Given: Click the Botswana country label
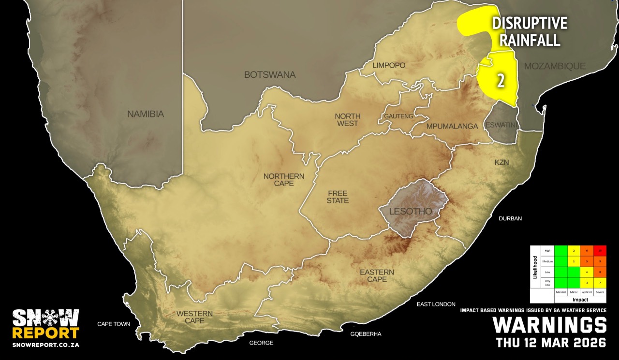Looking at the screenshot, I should tap(269, 75).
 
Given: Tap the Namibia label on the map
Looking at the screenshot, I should tap(146, 115).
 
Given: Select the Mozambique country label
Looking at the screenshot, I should tap(555, 66).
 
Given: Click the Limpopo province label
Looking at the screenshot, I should tap(389, 65).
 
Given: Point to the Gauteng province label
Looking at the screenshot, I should tap(398, 116).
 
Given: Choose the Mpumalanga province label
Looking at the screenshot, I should tap(452, 126).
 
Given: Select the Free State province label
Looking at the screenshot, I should tap(337, 197).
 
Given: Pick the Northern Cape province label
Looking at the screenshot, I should tap(284, 180).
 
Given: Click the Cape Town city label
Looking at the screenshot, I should tap(114, 324).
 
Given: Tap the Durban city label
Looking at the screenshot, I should tap(510, 218).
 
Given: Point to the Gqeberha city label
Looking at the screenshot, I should tap(366, 334).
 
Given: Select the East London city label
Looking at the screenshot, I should tap(436, 304).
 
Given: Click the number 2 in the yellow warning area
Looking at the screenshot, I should tap(501, 81).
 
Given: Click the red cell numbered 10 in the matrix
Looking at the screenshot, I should tap(600, 251).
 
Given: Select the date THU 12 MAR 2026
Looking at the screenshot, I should tap(551, 343).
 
